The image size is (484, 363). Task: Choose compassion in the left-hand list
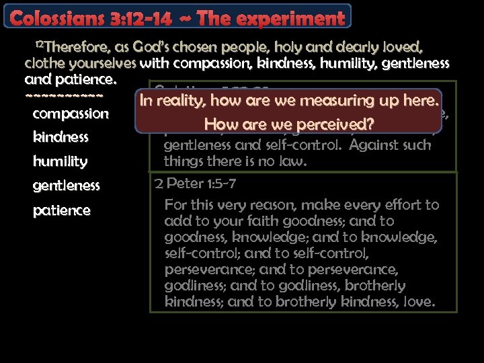(71, 114)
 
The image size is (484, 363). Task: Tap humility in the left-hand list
(60, 161)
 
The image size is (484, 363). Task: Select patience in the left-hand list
(61, 210)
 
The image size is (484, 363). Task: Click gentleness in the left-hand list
(66, 186)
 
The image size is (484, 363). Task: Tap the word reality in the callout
(178, 101)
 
